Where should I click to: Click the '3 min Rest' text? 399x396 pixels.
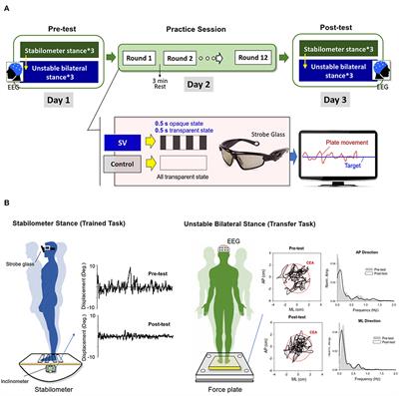click(x=172, y=83)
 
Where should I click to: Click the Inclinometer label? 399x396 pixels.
click(x=27, y=365)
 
